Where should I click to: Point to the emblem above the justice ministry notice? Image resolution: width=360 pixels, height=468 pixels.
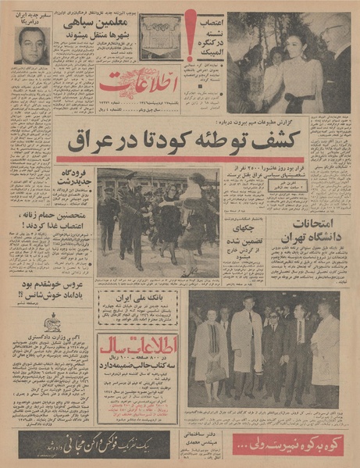(x=55, y=323)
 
